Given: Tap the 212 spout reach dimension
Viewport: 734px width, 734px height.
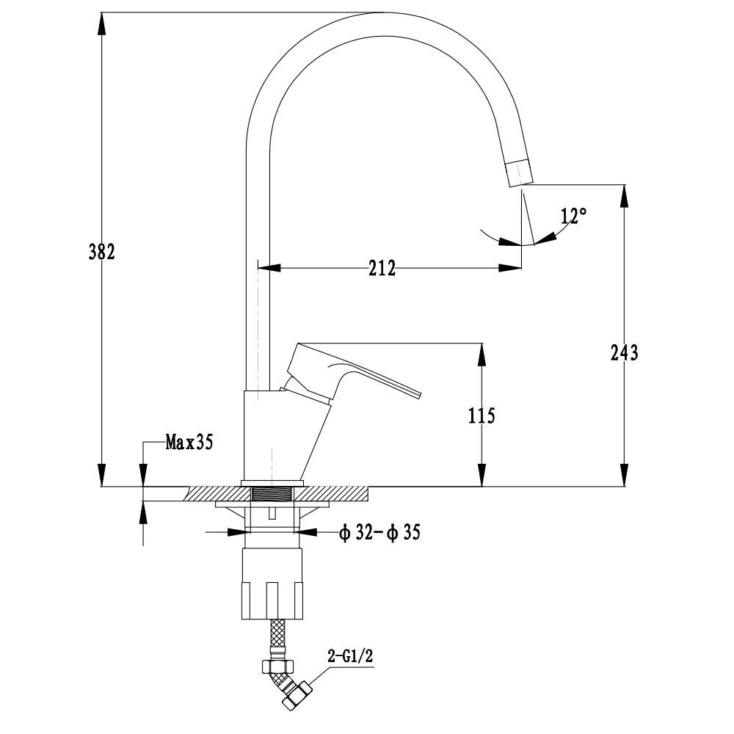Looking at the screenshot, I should tap(382, 268).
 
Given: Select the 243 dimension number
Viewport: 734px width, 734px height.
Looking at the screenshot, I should tap(624, 352).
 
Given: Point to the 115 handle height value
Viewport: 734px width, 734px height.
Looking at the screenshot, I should tap(482, 416).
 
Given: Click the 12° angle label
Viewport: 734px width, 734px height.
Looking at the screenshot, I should tap(573, 217).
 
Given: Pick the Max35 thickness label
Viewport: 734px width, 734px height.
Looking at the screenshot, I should tap(189, 442).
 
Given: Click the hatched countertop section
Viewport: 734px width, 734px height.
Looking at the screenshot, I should tap(338, 494).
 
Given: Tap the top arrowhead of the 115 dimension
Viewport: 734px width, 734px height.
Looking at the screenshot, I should tap(482, 352).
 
